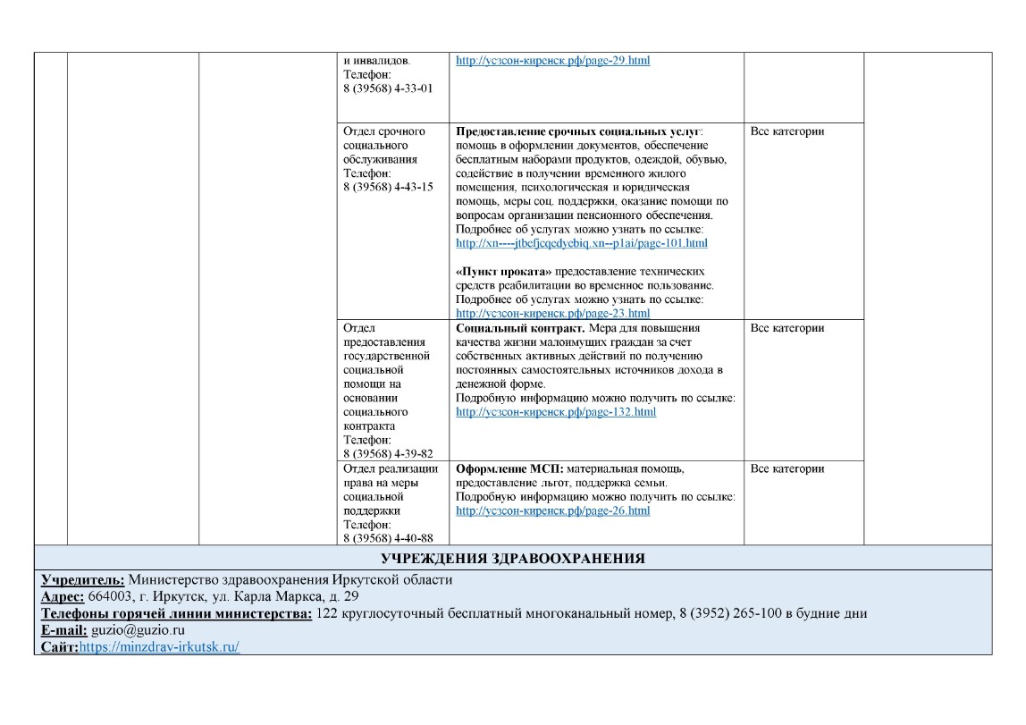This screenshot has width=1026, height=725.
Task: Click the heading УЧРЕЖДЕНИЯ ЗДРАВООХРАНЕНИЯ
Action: click(x=513, y=560)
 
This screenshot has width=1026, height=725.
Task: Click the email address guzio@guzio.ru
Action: click(x=138, y=630)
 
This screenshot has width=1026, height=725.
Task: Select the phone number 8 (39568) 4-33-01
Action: click(x=388, y=89)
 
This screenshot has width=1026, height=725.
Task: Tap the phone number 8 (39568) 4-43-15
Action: click(x=388, y=187)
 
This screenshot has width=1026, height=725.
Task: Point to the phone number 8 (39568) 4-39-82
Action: click(x=388, y=454)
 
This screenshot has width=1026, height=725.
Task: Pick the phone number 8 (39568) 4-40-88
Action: click(x=388, y=538)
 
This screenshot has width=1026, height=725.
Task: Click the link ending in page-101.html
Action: click(x=581, y=243)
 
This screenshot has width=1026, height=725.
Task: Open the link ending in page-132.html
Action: click(x=555, y=412)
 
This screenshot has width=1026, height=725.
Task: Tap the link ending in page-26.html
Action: click(x=552, y=510)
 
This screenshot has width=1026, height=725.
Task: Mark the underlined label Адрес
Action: click(x=63, y=596)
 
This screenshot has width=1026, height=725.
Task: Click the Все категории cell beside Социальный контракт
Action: click(x=786, y=328)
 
